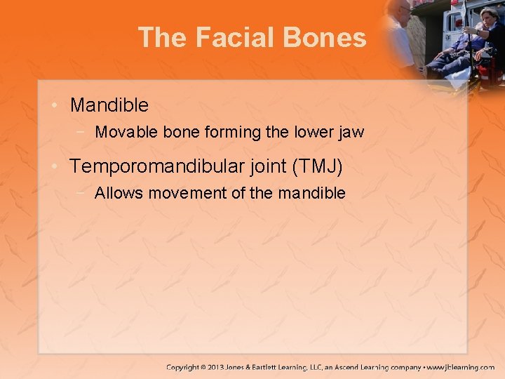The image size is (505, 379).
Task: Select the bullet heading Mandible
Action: tap(109, 105)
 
